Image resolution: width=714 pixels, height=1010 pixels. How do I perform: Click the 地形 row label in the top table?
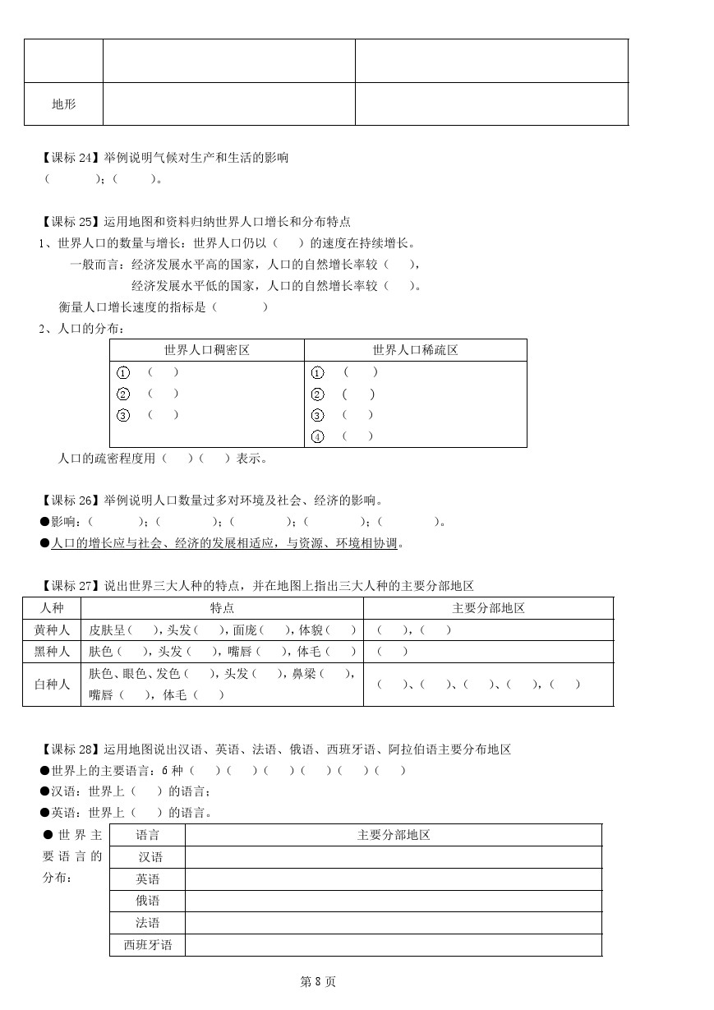click(x=63, y=104)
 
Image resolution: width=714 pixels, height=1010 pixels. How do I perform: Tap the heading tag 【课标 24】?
click(x=69, y=158)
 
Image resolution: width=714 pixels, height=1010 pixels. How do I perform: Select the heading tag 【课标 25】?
click(x=69, y=222)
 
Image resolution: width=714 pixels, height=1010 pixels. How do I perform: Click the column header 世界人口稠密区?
click(x=206, y=350)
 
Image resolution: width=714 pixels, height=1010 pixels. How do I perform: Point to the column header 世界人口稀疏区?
click(x=415, y=350)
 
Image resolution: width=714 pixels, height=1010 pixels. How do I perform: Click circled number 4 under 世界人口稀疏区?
click(x=318, y=436)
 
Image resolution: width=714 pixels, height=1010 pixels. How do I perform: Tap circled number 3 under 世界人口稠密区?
click(x=123, y=415)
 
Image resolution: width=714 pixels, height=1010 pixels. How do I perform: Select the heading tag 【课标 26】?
click(x=69, y=500)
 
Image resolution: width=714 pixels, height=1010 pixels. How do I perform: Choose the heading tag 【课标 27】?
click(x=69, y=586)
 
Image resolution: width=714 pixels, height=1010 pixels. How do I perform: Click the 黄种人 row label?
click(x=51, y=630)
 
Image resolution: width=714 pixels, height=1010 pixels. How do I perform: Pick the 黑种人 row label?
click(x=51, y=652)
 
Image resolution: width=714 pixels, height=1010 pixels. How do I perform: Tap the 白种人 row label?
click(x=51, y=684)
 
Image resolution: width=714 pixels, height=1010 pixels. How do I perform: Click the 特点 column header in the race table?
click(x=222, y=608)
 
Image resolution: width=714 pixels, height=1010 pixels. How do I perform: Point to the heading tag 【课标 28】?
click(x=69, y=749)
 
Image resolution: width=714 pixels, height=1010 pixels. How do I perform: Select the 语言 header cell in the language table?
click(x=148, y=835)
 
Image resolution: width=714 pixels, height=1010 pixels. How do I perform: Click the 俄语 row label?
click(x=148, y=901)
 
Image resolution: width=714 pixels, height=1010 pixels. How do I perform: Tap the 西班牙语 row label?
click(x=148, y=945)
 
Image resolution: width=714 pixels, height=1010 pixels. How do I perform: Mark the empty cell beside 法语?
click(x=393, y=923)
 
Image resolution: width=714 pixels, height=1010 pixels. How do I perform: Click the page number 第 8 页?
click(x=318, y=981)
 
